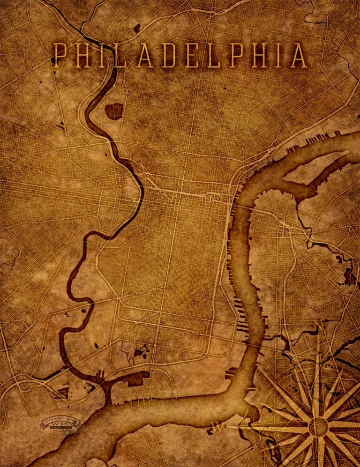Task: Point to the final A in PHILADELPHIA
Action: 298,56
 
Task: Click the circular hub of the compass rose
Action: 318,426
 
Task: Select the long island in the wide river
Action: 315,168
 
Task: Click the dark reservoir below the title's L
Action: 114,111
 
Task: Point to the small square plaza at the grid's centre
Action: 177,207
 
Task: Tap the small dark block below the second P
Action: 225,88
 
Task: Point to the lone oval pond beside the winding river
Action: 97,346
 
